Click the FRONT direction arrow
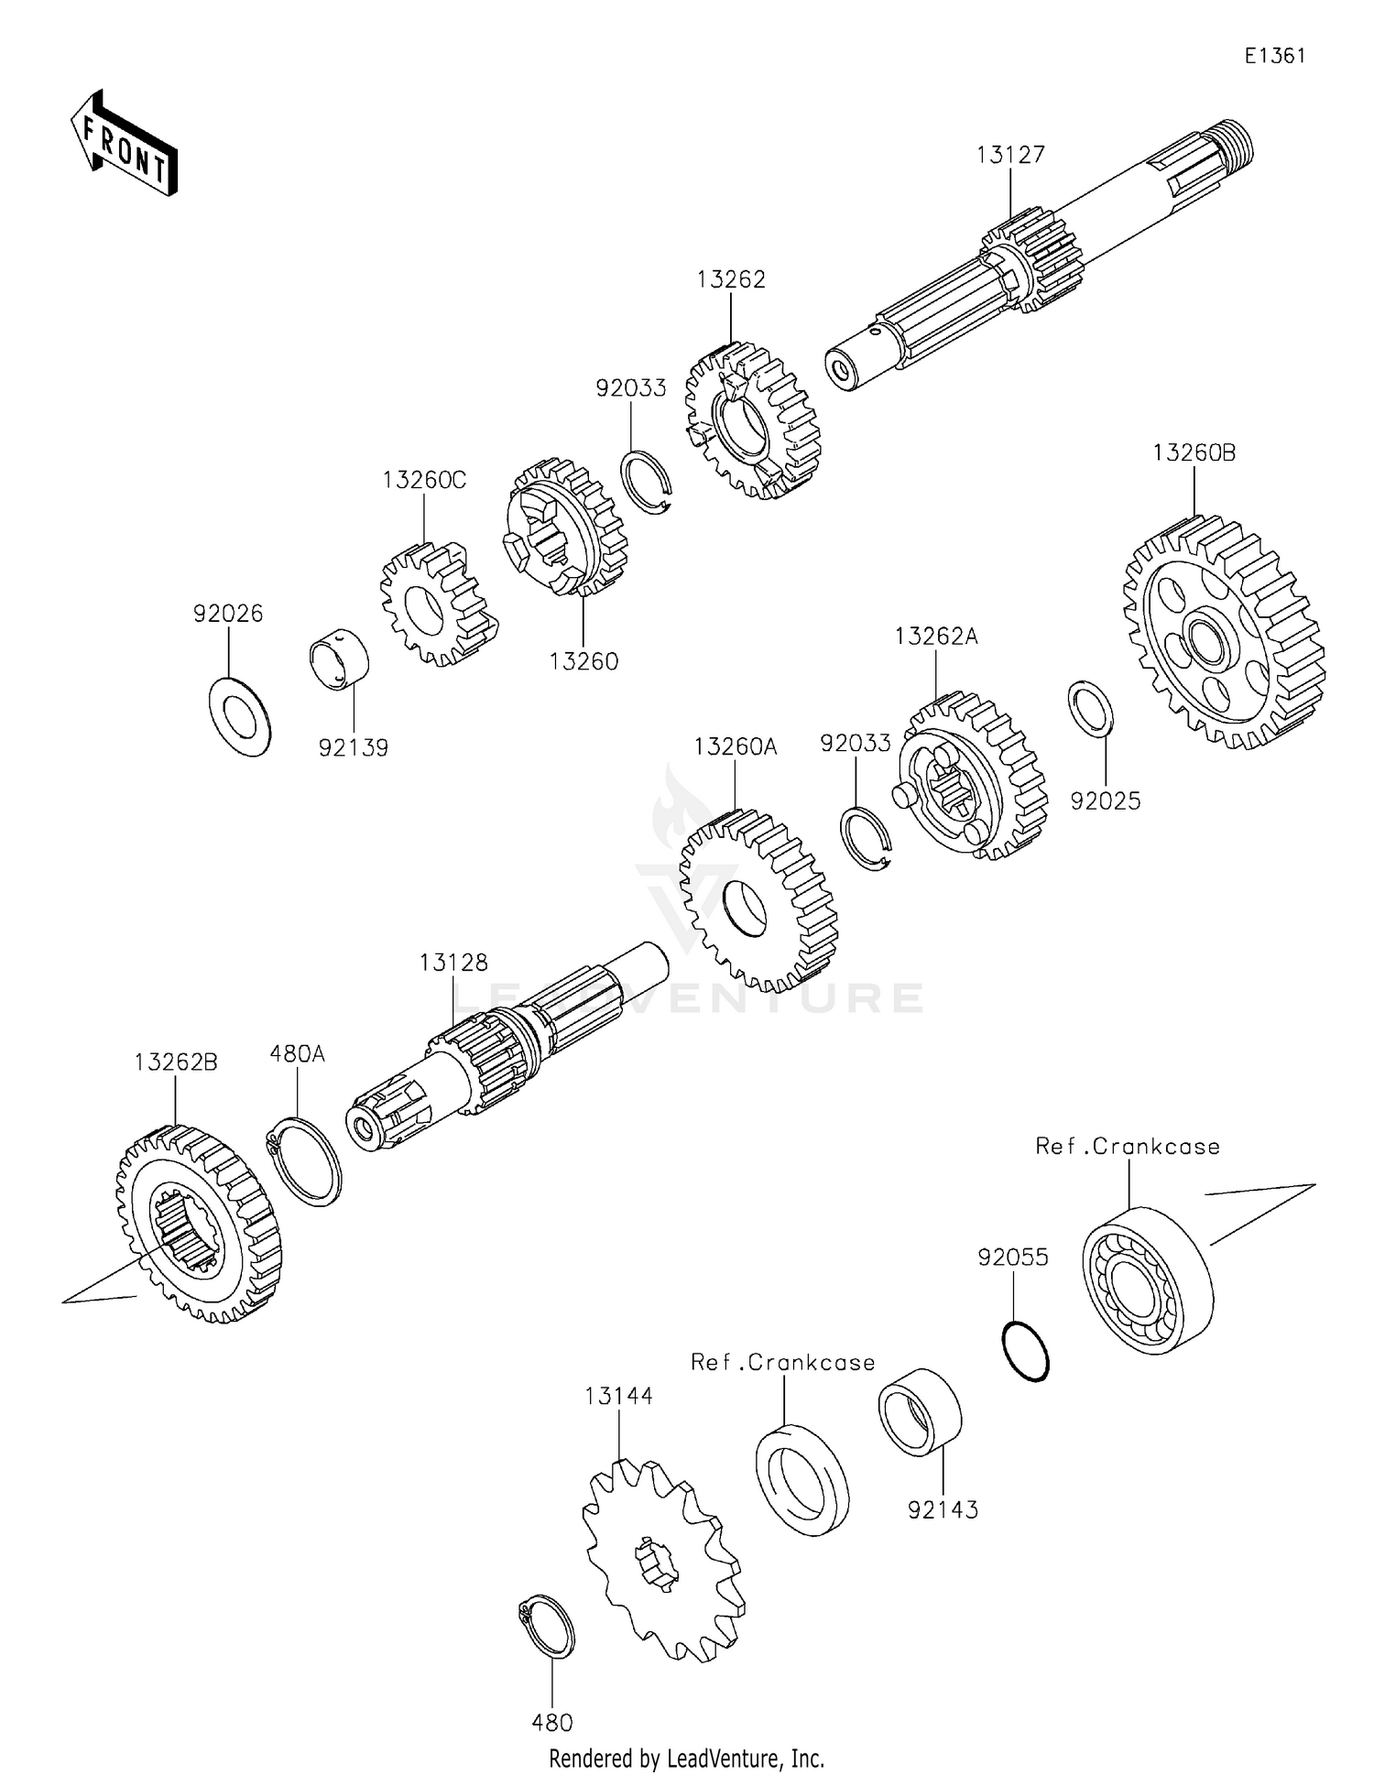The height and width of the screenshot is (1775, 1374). click(124, 144)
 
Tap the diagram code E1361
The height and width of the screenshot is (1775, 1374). click(1274, 56)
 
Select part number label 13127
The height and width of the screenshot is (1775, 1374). click(1010, 155)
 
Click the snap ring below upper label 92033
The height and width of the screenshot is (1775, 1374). click(646, 482)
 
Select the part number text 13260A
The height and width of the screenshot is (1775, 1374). click(735, 746)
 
